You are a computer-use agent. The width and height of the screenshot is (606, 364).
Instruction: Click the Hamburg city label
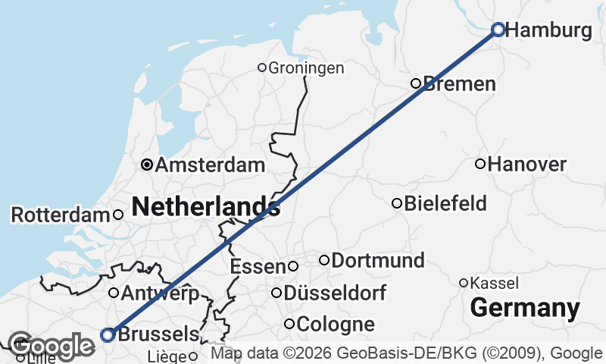pyautogui.click(x=548, y=31)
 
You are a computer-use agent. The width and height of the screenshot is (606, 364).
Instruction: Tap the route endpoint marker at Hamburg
pyautogui.click(x=498, y=30)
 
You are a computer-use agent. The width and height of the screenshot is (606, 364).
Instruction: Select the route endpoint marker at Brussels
pyautogui.click(x=108, y=334)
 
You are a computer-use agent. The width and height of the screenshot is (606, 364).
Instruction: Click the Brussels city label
pyautogui.click(x=158, y=334)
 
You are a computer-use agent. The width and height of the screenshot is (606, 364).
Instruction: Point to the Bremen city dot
pyautogui.click(x=415, y=83)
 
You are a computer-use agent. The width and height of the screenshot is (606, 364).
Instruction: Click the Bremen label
pyautogui.click(x=460, y=83)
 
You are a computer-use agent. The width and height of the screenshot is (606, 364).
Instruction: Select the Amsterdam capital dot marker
pyautogui.click(x=147, y=164)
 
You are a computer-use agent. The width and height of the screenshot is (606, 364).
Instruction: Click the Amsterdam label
pyautogui.click(x=210, y=165)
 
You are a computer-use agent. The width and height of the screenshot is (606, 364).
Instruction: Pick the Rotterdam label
pyautogui.click(x=61, y=215)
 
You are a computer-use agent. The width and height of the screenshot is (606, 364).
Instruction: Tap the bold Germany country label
pyautogui.click(x=525, y=309)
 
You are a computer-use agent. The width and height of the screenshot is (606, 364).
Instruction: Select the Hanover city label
pyautogui.click(x=527, y=164)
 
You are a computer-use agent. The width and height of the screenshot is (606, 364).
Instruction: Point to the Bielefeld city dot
pyautogui.click(x=396, y=203)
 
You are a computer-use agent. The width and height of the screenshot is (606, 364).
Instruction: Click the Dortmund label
pyautogui.click(x=378, y=261)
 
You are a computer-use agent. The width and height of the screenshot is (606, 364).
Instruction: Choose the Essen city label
pyautogui.click(x=257, y=267)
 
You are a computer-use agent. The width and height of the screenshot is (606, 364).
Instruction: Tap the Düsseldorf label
pyautogui.click(x=335, y=293)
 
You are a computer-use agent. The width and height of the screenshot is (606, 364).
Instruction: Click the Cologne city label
pyautogui.click(x=336, y=325)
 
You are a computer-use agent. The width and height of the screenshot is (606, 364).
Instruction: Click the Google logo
pyautogui.click(x=51, y=347)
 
